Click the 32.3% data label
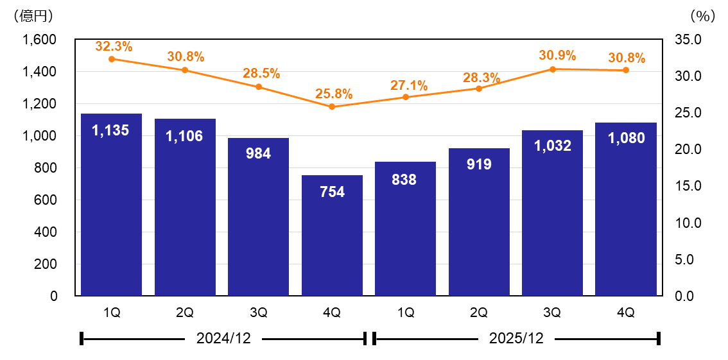tap(114, 46)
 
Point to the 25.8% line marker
tap(332, 107)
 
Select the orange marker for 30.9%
tap(552, 69)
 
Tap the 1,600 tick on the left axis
tap(39, 40)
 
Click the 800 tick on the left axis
tap(45, 168)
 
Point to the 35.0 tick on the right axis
tap(688, 40)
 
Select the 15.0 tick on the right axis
tap(688, 186)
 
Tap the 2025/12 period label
tap(516, 338)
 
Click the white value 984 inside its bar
tap(259, 154)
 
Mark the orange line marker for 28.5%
tap(259, 87)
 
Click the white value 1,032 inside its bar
tap(552, 146)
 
